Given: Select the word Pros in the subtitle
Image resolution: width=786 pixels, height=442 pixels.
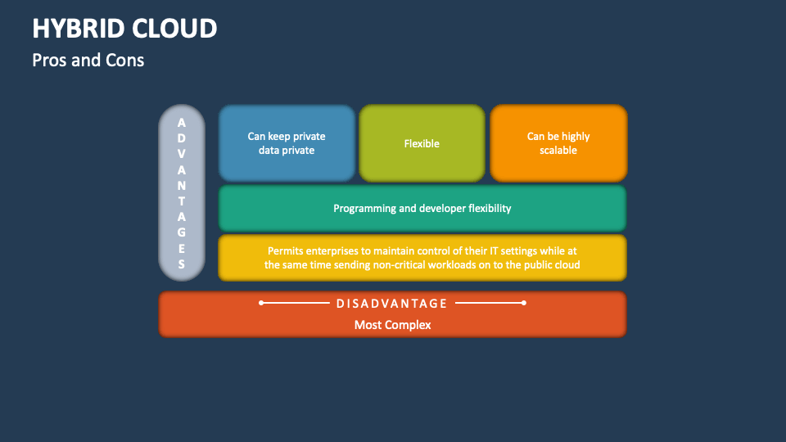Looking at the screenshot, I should tap(50, 61).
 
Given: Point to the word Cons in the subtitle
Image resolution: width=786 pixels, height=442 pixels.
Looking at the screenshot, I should tap(124, 61).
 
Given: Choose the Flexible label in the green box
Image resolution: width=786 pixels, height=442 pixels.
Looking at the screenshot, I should tap(422, 144).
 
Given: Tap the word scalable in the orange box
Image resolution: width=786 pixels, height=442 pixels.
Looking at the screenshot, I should tap(558, 151).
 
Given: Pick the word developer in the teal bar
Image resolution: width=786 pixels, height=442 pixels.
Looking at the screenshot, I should tap(441, 209).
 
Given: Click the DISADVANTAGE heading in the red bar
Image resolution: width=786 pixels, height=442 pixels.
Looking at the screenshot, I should tap(392, 304).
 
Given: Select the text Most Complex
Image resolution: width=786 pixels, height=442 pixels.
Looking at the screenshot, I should tap(392, 325).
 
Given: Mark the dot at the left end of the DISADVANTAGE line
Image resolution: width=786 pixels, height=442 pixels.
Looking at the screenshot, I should tap(261, 303).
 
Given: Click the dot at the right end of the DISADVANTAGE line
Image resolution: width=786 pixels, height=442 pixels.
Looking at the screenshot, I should tap(524, 303).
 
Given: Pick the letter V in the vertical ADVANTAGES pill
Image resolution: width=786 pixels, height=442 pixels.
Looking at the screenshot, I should tap(182, 154).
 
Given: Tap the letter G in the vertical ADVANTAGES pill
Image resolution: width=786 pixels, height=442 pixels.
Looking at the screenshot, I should tap(182, 232).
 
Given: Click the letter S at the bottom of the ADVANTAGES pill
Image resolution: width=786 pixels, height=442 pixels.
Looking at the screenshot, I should tap(182, 264).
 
